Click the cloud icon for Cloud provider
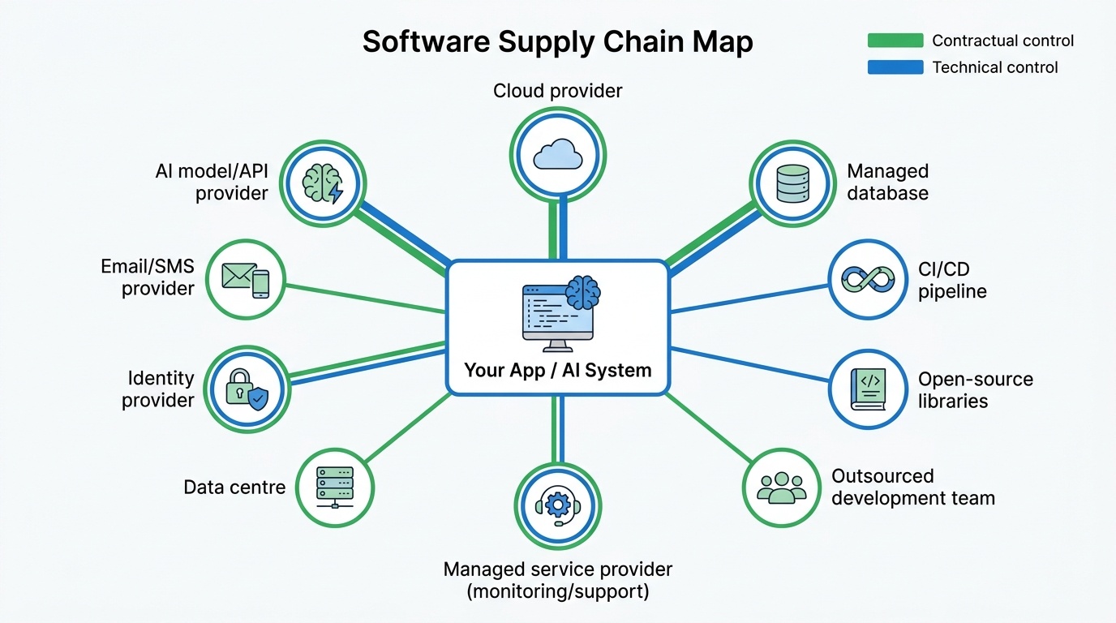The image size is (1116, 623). pyautogui.click(x=558, y=154)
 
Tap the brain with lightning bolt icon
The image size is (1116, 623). pyautogui.click(x=323, y=183)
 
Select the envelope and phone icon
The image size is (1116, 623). pyautogui.click(x=245, y=280)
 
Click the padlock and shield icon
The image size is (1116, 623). pyautogui.click(x=246, y=389)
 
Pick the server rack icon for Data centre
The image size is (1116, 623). pyautogui.click(x=334, y=487)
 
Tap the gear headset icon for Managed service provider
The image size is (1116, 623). pyautogui.click(x=558, y=506)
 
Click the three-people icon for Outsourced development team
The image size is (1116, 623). pyautogui.click(x=782, y=487)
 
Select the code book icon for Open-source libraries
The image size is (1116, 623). pyautogui.click(x=869, y=389)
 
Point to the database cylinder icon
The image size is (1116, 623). pyautogui.click(x=792, y=183)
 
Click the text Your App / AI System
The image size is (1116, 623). pyautogui.click(x=558, y=371)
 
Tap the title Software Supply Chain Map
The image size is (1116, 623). pyautogui.click(x=558, y=42)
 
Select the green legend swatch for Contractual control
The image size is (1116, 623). pyautogui.click(x=895, y=41)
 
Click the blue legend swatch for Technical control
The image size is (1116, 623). pyautogui.click(x=895, y=67)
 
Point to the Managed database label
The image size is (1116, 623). pyautogui.click(x=887, y=183)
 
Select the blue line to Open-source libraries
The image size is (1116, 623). pyautogui.click(x=750, y=363)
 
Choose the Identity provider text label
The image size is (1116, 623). pyautogui.click(x=160, y=389)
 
